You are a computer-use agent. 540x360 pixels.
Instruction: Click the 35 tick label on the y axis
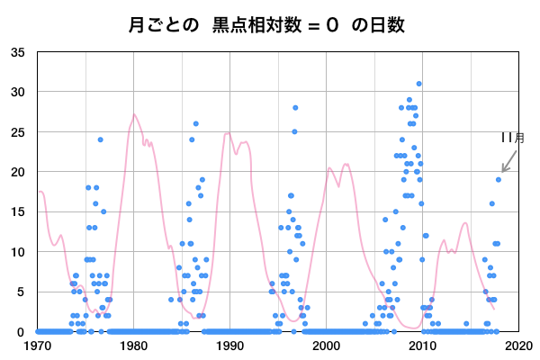[18, 52]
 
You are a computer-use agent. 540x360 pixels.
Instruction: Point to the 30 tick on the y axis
[18, 92]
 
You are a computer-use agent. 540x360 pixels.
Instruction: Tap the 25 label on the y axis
[18, 131]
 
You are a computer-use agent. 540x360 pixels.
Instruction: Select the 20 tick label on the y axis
[18, 172]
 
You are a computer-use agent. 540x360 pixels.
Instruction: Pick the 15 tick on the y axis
[18, 211]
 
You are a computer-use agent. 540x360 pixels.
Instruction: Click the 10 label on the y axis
[18, 252]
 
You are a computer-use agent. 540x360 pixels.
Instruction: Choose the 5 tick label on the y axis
[21, 292]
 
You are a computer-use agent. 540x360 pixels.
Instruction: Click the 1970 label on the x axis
[38, 345]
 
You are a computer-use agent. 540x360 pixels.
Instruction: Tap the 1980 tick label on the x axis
[134, 345]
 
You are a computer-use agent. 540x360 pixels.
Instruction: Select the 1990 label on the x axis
[229, 345]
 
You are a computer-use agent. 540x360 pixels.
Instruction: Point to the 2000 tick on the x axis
[326, 345]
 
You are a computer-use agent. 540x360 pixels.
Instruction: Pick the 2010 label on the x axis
[422, 345]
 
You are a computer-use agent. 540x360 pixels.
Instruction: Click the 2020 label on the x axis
[517, 345]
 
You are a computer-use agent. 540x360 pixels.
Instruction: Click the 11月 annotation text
[513, 138]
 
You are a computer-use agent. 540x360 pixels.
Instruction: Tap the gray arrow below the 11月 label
[508, 160]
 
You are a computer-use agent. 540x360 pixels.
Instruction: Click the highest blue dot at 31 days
[418, 84]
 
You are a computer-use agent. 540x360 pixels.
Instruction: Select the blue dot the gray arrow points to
[498, 179]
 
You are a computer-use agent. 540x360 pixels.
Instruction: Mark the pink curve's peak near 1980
[134, 114]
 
